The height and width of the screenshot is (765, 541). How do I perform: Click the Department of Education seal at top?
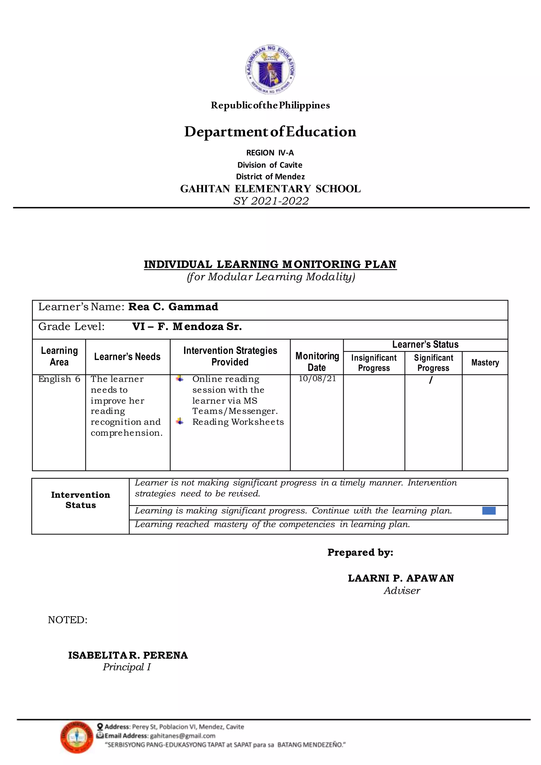[270, 69]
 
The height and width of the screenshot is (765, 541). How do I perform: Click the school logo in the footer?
[77, 737]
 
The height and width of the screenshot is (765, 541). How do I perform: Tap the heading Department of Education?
[270, 132]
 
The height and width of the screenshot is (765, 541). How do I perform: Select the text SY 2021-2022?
[271, 201]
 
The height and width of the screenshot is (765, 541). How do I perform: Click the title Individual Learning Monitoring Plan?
[270, 264]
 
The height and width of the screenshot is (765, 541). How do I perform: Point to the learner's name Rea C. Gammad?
[173, 306]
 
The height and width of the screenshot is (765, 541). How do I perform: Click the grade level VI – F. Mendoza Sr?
[187, 326]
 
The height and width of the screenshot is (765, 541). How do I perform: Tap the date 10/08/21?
[317, 379]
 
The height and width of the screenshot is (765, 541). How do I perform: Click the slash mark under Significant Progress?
[431, 380]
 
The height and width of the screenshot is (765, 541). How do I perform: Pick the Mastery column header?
[485, 362]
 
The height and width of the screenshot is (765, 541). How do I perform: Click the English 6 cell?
[59, 379]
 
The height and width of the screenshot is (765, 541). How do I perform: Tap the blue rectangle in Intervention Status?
[489, 510]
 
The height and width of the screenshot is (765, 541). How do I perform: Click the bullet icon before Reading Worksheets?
[180, 422]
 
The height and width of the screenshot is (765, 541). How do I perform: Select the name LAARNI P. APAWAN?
[401, 578]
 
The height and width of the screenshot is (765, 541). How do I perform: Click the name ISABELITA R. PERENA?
[128, 655]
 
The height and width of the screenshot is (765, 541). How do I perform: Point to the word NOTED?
[68, 620]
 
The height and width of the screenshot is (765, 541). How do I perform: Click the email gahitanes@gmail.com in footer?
[183, 736]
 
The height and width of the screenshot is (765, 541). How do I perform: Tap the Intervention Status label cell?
[81, 500]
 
